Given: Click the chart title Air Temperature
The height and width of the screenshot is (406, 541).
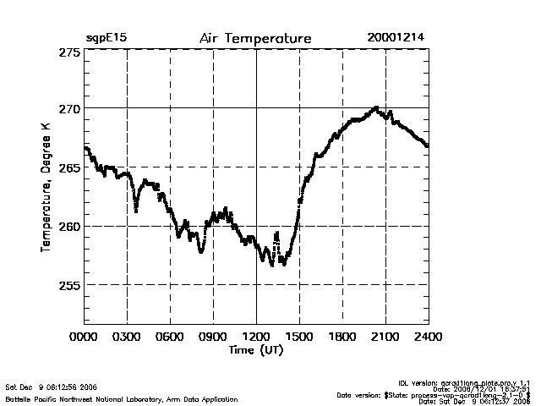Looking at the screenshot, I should pyautogui.click(x=255, y=39).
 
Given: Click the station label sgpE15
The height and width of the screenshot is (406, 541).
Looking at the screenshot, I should pyautogui.click(x=106, y=39).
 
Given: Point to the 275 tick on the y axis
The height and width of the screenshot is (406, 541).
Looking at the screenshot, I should pyautogui.click(x=69, y=52).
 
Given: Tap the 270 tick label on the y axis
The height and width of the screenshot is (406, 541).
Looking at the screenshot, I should pyautogui.click(x=69, y=109).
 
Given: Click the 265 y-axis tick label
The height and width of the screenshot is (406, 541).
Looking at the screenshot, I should pyautogui.click(x=69, y=167).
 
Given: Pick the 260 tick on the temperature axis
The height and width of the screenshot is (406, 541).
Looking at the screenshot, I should pyautogui.click(x=69, y=226).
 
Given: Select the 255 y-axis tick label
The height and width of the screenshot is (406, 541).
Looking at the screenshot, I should pyautogui.click(x=69, y=285).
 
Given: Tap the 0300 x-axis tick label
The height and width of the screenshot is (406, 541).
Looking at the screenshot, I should pyautogui.click(x=127, y=337).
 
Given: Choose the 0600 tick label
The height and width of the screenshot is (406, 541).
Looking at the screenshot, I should pyautogui.click(x=170, y=337).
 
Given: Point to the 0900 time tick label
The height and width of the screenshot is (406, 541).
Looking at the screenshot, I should pyautogui.click(x=213, y=337).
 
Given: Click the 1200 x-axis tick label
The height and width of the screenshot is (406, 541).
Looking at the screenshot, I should pyautogui.click(x=256, y=337).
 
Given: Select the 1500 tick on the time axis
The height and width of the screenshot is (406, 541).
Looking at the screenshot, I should pyautogui.click(x=299, y=337).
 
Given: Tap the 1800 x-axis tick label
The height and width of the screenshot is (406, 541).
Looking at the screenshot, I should pyautogui.click(x=342, y=337).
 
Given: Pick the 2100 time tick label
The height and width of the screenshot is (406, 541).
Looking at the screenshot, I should pyautogui.click(x=385, y=337).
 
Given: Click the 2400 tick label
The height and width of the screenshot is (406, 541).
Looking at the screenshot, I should pyautogui.click(x=429, y=337).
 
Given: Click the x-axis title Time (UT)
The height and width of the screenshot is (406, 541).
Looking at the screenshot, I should pyautogui.click(x=255, y=349).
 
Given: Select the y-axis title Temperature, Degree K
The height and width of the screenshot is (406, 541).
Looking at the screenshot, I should pyautogui.click(x=46, y=187).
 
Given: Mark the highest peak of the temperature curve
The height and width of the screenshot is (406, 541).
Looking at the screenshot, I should pyautogui.click(x=375, y=108).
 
